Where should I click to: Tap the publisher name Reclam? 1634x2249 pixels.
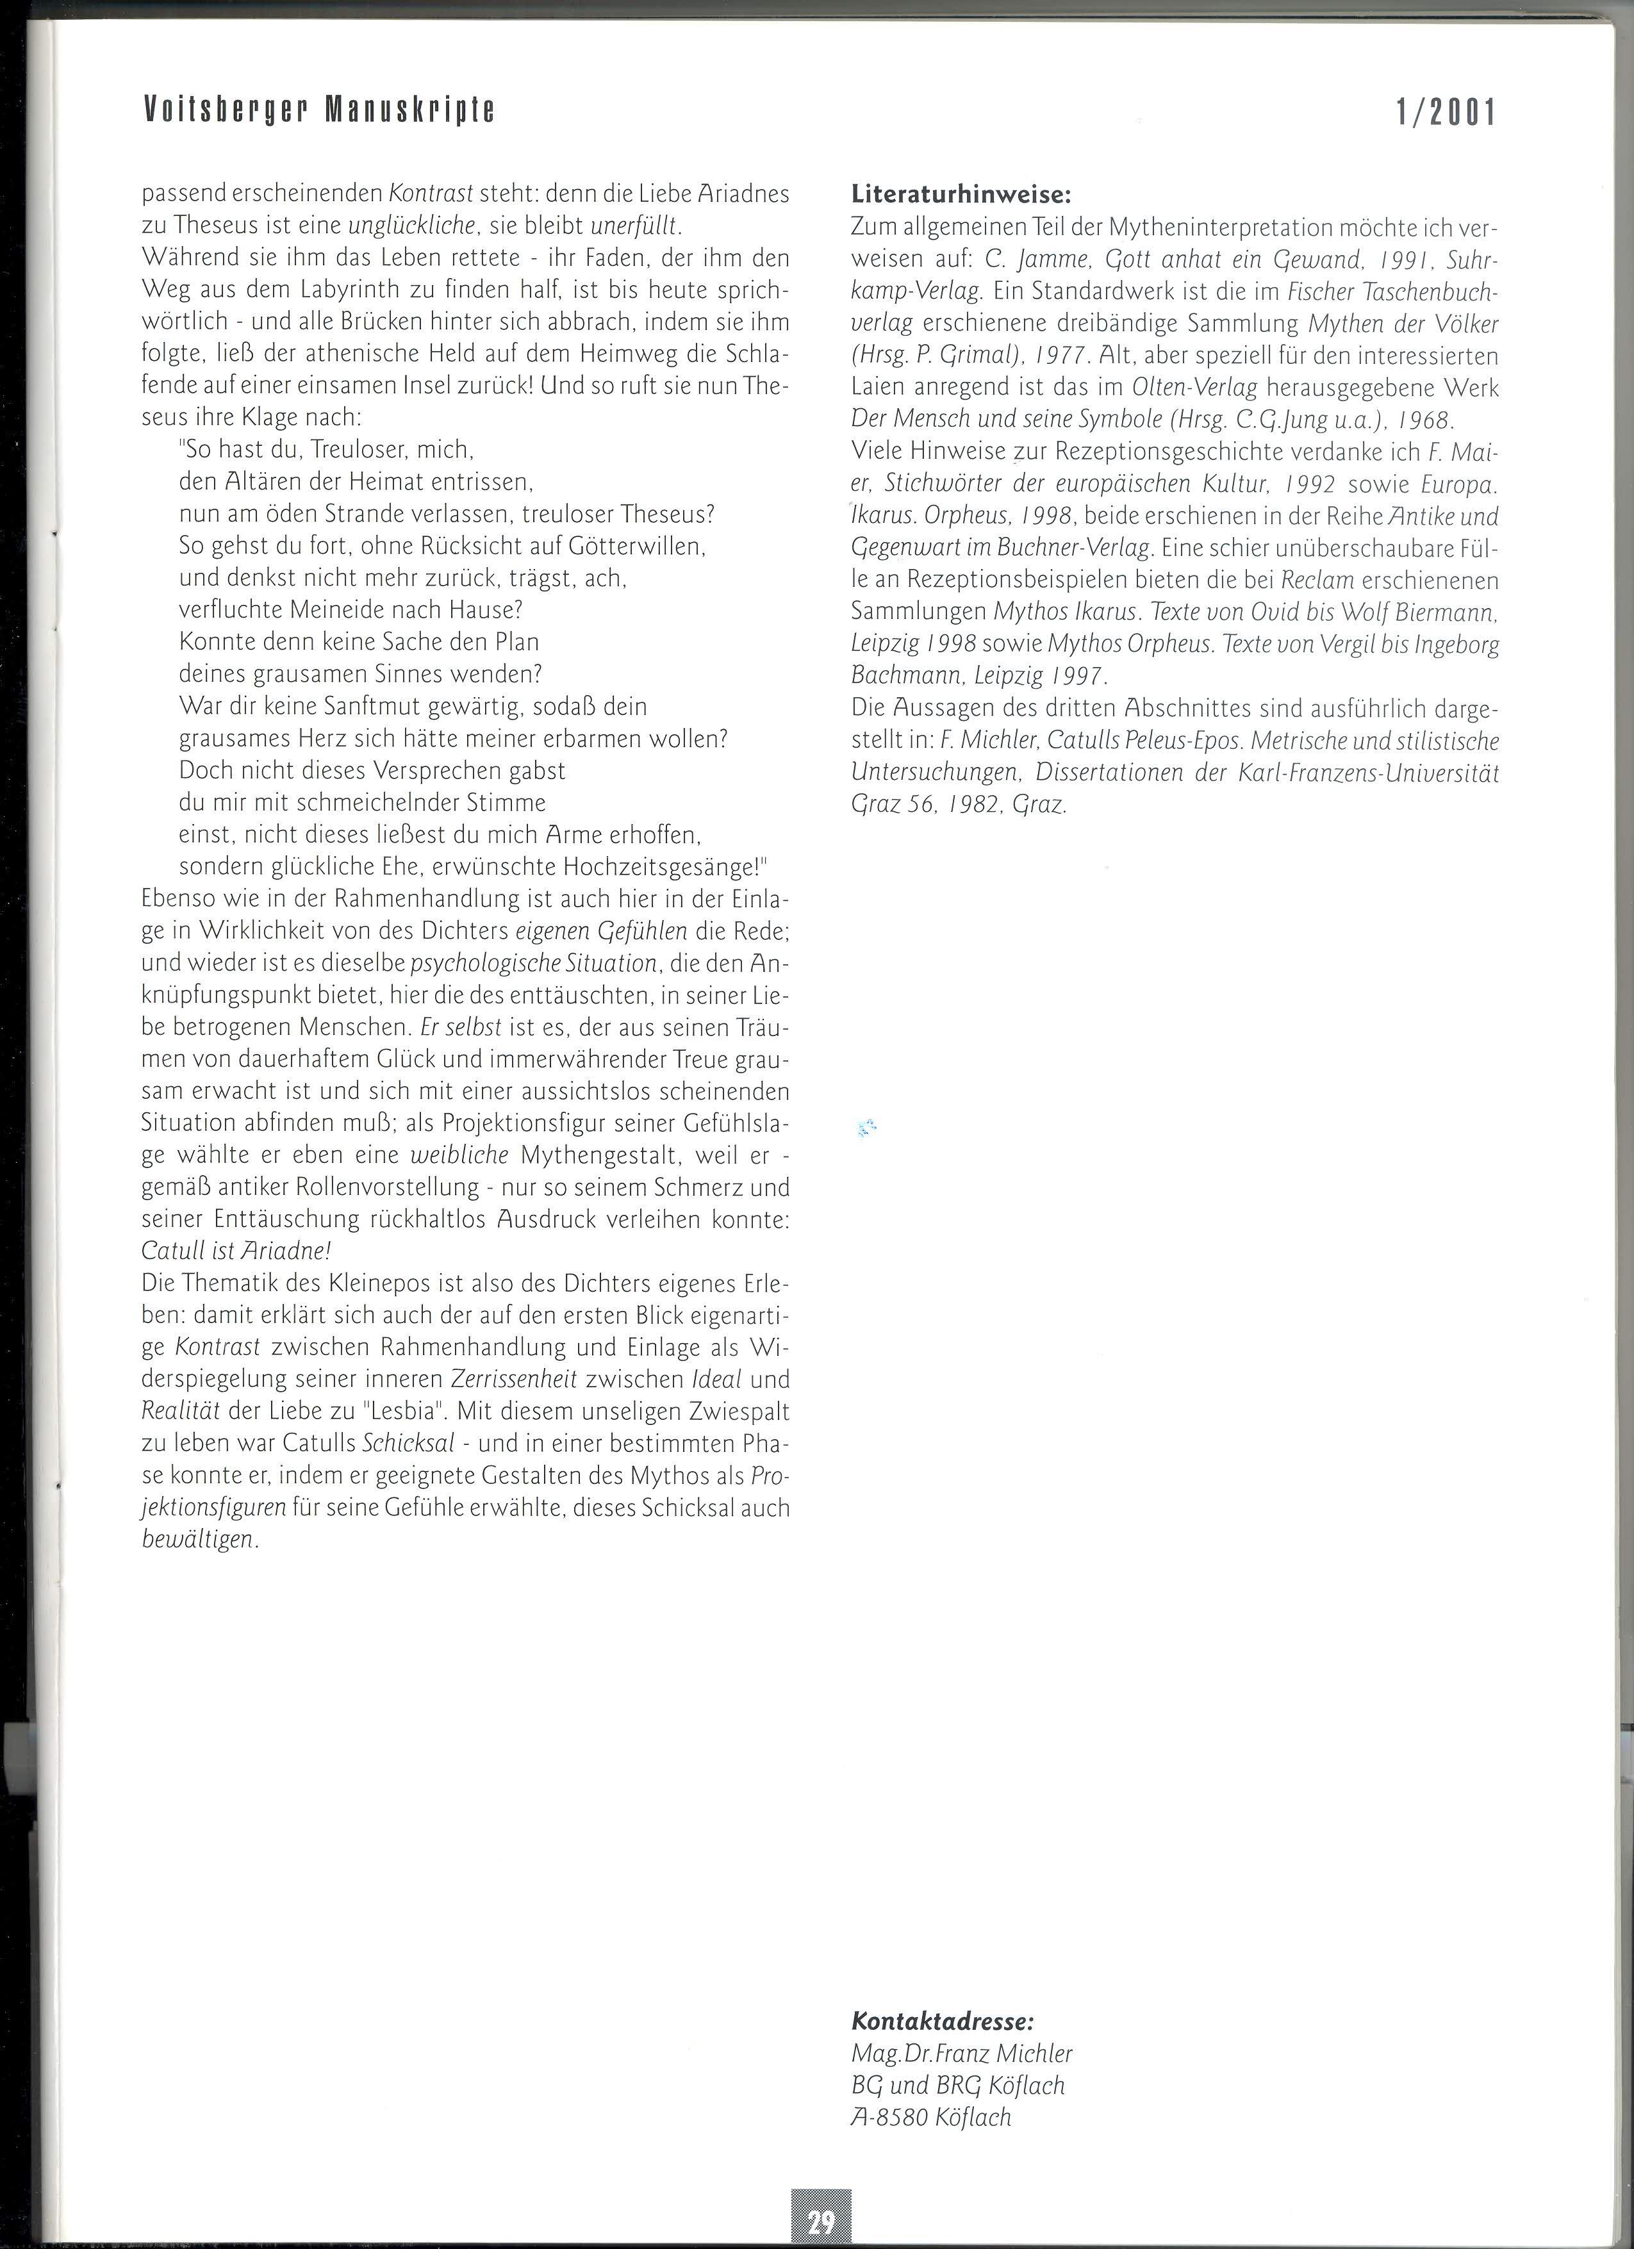tap(1319, 580)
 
